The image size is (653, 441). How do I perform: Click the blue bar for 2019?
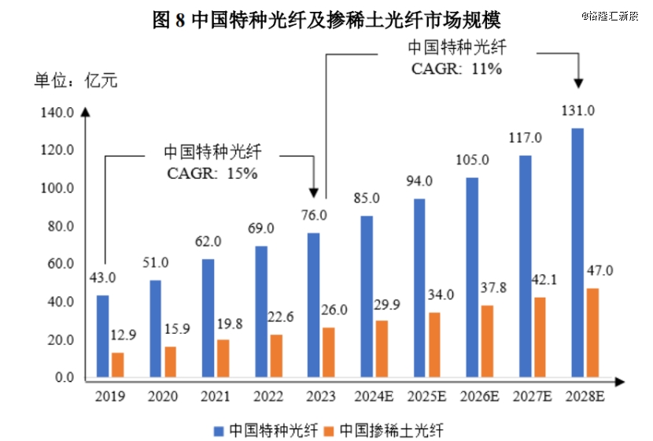(102, 337)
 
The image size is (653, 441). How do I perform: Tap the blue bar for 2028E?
(577, 253)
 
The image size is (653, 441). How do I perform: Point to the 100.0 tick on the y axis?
(56, 189)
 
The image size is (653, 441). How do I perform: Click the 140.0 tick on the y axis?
(56, 113)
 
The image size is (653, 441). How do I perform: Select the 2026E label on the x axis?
(480, 395)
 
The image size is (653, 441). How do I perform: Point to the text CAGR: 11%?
(456, 69)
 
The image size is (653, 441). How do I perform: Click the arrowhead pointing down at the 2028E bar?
(579, 83)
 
